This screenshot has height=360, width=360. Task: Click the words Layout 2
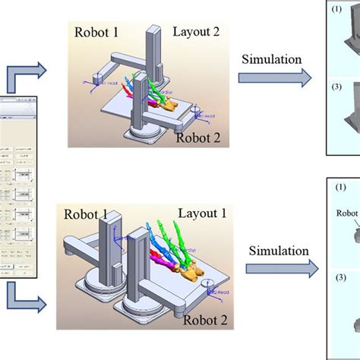[x=197, y=33]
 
